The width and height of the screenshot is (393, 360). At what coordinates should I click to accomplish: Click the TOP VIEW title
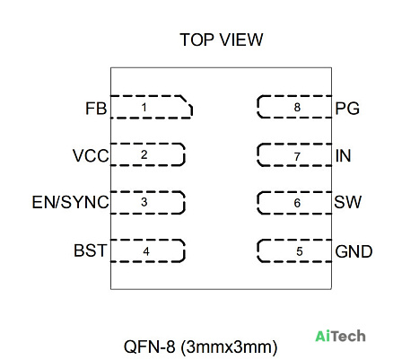(222, 40)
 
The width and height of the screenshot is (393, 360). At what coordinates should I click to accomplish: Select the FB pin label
(96, 109)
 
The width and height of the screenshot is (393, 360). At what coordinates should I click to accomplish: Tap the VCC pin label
(91, 156)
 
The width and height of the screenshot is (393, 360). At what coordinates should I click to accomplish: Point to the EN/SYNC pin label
(70, 202)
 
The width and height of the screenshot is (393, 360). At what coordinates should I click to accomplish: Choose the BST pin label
(90, 250)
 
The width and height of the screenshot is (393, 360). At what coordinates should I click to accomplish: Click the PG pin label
(347, 109)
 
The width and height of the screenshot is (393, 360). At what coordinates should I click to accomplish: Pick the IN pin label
(343, 156)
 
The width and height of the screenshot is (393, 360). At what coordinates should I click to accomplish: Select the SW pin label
(348, 202)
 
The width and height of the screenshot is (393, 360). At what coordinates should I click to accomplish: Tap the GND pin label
(354, 251)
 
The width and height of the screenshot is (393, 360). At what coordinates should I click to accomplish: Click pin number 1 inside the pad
(144, 107)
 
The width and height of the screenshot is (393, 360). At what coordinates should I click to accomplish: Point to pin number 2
(144, 154)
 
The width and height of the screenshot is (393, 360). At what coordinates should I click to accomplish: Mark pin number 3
(144, 202)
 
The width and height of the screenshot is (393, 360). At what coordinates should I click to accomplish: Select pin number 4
(146, 251)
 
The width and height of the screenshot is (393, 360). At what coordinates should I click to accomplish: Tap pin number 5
(300, 251)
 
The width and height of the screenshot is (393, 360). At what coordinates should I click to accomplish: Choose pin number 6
(297, 203)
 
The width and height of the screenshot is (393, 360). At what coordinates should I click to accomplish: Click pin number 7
(297, 156)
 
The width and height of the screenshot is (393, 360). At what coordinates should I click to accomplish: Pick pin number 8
(297, 107)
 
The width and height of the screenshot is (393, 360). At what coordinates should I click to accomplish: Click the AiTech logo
(340, 336)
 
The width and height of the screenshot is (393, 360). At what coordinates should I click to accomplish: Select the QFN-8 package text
(200, 347)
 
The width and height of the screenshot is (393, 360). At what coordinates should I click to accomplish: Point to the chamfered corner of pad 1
(186, 101)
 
